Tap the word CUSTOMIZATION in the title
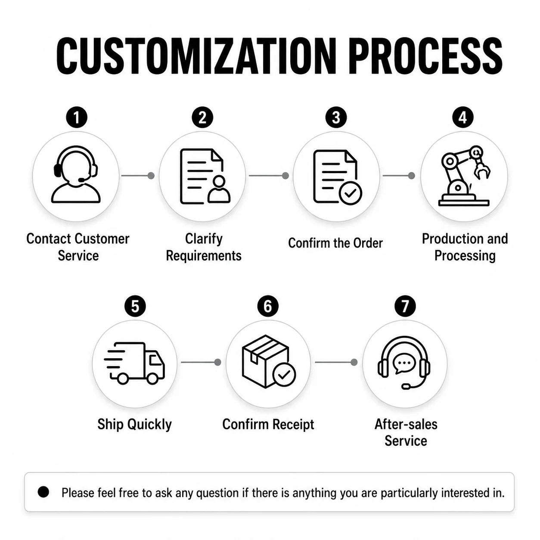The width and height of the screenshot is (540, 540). [196, 56]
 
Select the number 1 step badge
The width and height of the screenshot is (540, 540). [77, 118]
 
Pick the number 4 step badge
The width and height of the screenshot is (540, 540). [463, 118]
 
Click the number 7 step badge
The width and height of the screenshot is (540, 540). [405, 306]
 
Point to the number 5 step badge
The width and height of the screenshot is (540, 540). [135, 306]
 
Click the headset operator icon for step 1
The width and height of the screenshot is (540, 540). [76, 174]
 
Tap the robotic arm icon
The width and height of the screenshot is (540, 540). [464, 176]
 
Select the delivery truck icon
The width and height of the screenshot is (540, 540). [134, 363]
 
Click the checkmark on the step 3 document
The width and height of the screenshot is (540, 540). [350, 193]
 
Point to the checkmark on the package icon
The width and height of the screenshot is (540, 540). [284, 375]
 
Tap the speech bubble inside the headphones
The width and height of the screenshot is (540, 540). [403, 363]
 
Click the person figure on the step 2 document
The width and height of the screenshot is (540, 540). [219, 189]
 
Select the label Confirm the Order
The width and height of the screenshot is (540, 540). [335, 243]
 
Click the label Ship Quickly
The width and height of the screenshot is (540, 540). [134, 425]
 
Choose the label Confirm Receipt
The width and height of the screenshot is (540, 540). [268, 425]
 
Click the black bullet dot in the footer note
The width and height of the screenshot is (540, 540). [43, 492]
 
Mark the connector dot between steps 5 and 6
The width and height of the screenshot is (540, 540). [217, 362]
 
